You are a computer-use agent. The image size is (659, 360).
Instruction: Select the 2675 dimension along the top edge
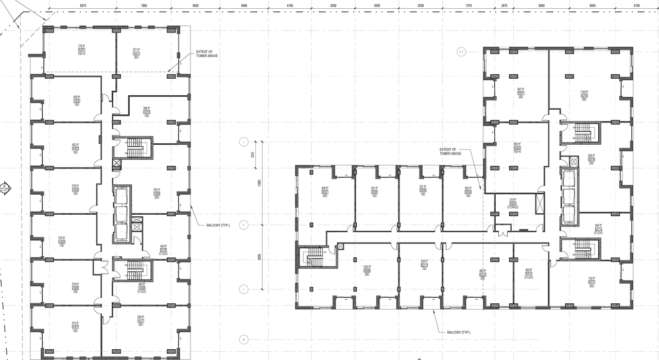pos(504,5)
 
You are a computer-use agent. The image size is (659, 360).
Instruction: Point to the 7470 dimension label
pos(469,5)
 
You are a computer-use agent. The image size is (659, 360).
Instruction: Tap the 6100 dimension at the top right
pos(637,5)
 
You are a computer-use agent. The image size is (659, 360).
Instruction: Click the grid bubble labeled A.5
pos(461,52)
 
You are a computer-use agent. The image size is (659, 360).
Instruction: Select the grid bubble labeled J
pos(244,142)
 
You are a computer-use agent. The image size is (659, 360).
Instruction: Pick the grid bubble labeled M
pos(244,339)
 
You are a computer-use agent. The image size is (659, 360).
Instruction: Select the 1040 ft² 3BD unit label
pos(367,270)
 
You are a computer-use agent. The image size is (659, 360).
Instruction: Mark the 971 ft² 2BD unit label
pos(136,53)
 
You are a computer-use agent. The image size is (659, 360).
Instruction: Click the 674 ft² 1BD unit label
pos(75,327)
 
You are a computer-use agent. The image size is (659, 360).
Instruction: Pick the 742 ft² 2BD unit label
pos(592,282)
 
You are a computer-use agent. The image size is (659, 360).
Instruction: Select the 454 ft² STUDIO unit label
pos(598,229)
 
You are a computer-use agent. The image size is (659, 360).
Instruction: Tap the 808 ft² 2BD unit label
pos(325,192)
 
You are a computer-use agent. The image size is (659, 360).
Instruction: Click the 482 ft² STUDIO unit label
pos(142,287)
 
